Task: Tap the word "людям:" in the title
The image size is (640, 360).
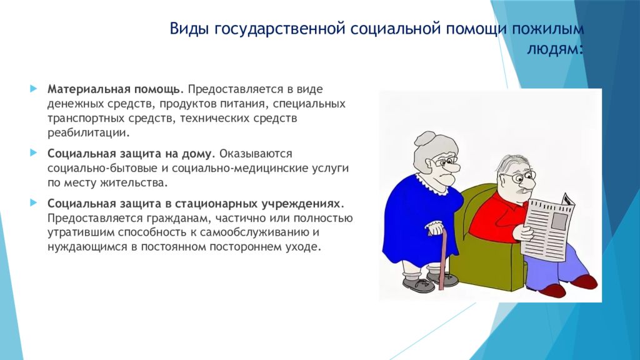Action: (x=555, y=49)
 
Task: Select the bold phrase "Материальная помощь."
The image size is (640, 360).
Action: (x=116, y=89)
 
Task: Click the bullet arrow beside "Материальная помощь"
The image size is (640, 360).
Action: (x=34, y=88)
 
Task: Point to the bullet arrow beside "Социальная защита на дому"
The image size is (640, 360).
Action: (x=34, y=152)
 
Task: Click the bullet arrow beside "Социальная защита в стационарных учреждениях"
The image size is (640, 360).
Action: (x=34, y=202)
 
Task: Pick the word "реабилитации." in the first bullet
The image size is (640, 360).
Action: (x=89, y=133)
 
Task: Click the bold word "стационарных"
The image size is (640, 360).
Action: (x=217, y=203)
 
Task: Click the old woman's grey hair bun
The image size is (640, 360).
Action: (x=425, y=139)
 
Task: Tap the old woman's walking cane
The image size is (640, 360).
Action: (x=442, y=256)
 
